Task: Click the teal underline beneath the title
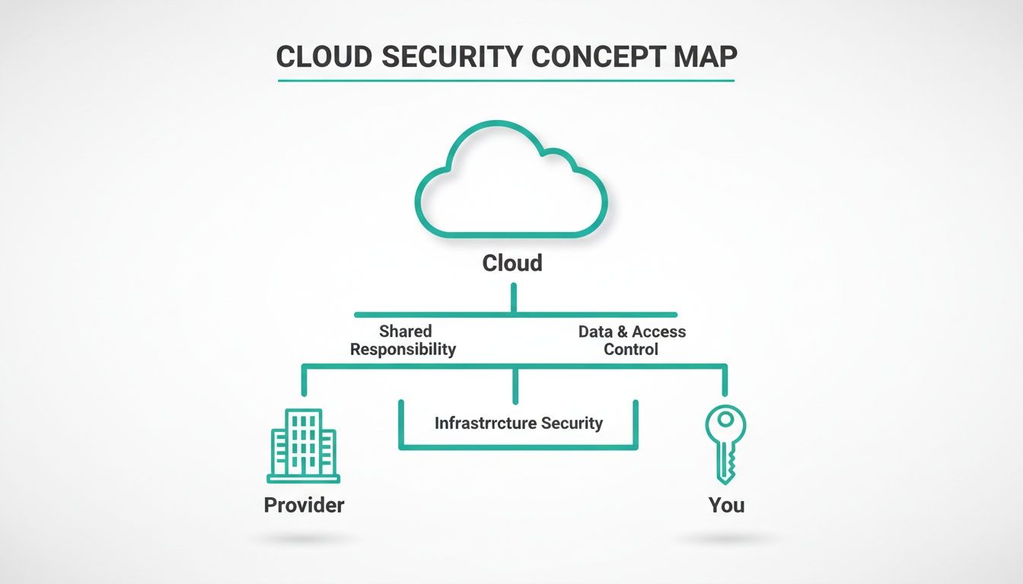click(505, 80)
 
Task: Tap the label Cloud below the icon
click(512, 264)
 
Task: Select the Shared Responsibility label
click(403, 341)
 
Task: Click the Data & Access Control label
click(631, 341)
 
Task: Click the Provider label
click(304, 505)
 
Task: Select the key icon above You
click(725, 443)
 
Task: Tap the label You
click(726, 505)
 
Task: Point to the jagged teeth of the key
click(732, 459)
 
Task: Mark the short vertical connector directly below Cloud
click(514, 298)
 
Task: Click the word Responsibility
click(403, 350)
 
